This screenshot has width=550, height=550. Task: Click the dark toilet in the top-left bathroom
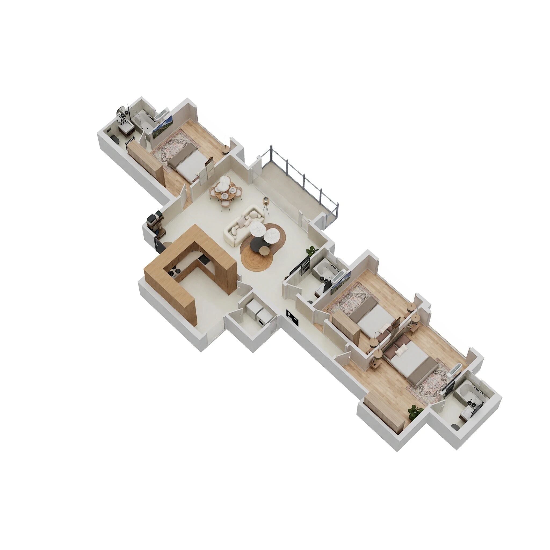115,139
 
